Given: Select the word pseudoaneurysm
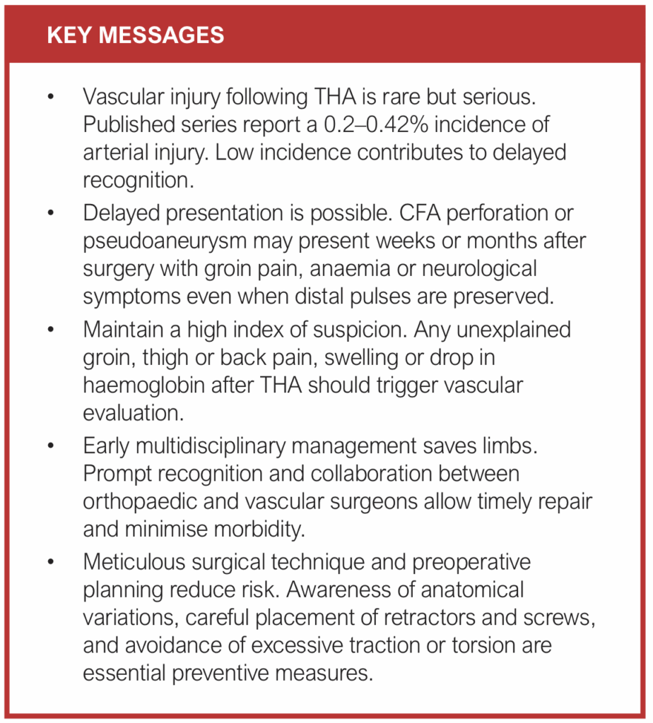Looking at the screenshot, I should [x=167, y=241].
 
